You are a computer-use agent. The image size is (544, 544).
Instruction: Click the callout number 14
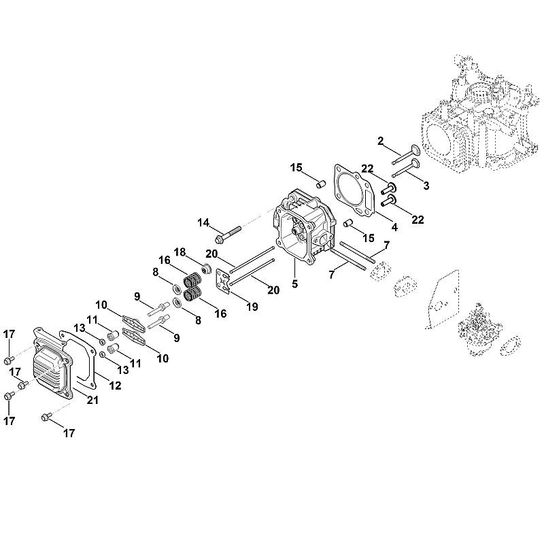coord(203,222)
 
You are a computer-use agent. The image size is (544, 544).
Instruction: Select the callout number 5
coord(294,284)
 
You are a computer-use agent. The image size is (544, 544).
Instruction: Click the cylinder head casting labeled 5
coord(305,226)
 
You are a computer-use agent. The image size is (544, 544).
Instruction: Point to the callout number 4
coord(394,227)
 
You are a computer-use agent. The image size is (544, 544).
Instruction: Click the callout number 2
coord(381,141)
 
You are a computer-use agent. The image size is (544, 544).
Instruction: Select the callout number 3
coord(426,186)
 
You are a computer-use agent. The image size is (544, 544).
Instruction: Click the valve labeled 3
coord(407,169)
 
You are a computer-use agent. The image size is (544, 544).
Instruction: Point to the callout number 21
coord(92,400)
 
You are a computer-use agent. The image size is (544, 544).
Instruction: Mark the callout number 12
coord(115,386)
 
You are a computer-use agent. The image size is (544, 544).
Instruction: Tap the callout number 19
coord(252,307)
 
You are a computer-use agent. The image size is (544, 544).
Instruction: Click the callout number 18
coord(180,252)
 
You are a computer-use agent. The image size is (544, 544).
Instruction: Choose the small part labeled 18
coord(207,268)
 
